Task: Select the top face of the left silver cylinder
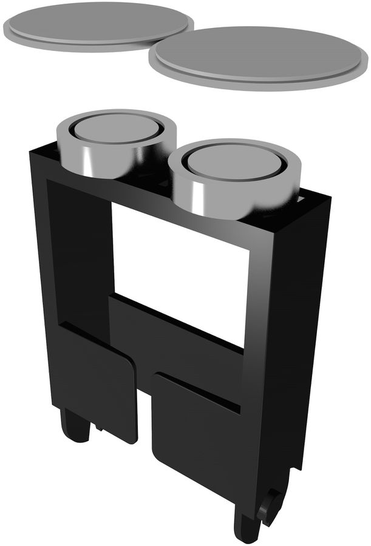coord(115,129)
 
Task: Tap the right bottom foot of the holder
coord(246,525)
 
